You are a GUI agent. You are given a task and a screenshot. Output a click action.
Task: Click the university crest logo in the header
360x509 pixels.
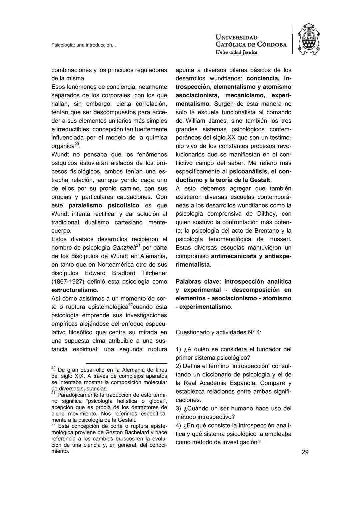[308, 39]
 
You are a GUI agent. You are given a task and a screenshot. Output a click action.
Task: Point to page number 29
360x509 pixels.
[305, 452]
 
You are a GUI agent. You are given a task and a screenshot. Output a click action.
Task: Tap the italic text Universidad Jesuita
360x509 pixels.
[236, 52]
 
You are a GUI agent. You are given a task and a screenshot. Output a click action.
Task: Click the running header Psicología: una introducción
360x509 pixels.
[83, 45]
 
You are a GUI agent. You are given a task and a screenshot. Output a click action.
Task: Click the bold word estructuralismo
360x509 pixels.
[74, 290]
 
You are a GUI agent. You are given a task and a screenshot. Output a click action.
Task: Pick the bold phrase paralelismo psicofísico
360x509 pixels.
[104, 205]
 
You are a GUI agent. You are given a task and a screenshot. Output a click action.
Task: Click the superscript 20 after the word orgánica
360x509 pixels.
[77, 144]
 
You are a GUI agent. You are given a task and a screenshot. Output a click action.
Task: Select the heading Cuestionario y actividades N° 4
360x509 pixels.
[218, 332]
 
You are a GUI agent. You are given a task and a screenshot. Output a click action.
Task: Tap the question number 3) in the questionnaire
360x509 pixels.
[178, 408]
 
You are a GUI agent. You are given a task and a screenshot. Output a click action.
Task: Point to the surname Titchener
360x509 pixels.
[154, 273]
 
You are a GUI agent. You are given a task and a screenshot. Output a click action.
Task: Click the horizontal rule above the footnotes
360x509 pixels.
[126, 363]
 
